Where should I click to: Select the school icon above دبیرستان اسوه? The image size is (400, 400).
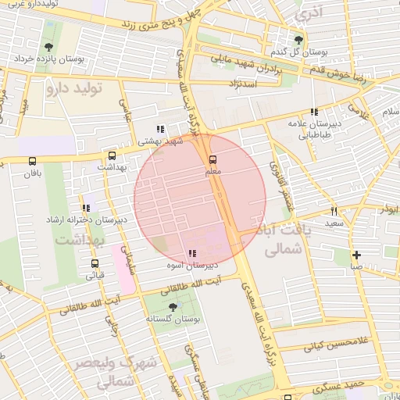pos(192,253)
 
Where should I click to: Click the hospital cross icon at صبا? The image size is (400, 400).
pos(356,255)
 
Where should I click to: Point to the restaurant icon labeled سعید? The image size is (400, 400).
pos(334,212)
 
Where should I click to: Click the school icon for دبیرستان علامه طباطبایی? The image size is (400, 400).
pos(314,112)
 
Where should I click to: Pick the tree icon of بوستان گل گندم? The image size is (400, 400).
pos(298,40)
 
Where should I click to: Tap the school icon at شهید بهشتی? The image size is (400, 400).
pos(159,130)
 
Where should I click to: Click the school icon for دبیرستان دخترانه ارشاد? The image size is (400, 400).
pos(85,209)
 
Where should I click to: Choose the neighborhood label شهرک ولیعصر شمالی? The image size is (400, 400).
pos(104,373)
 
